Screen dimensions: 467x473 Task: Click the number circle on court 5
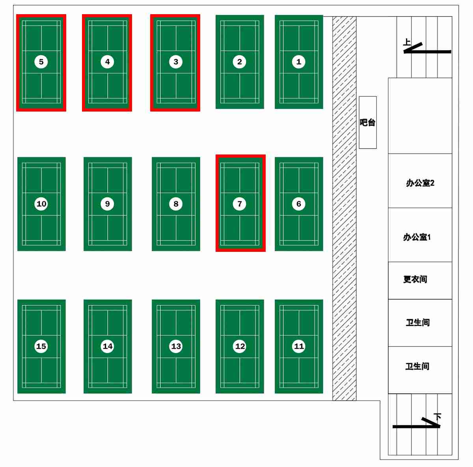tap(41, 61)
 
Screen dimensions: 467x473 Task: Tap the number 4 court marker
tap(107, 61)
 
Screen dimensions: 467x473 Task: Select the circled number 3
tap(176, 61)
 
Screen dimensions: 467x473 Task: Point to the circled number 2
tap(240, 61)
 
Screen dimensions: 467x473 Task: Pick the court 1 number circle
tap(299, 61)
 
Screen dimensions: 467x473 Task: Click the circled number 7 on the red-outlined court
tap(240, 204)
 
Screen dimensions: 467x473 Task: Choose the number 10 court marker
tap(41, 204)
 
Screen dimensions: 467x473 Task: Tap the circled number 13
tap(176, 346)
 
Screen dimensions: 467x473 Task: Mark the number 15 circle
tap(41, 346)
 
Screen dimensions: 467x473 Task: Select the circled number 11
tap(299, 346)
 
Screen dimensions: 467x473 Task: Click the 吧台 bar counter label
tap(367, 123)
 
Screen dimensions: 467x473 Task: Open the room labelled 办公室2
tap(420, 183)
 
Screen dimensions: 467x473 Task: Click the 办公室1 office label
tap(417, 237)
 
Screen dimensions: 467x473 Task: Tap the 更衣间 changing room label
tap(415, 279)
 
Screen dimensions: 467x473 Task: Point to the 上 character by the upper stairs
tap(407, 42)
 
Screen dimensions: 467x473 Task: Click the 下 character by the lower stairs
tap(438, 417)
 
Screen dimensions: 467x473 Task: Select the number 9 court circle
tap(107, 204)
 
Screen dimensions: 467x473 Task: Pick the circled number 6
tap(299, 204)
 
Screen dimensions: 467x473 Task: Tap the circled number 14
tap(107, 346)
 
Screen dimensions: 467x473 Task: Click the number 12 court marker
tap(240, 346)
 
